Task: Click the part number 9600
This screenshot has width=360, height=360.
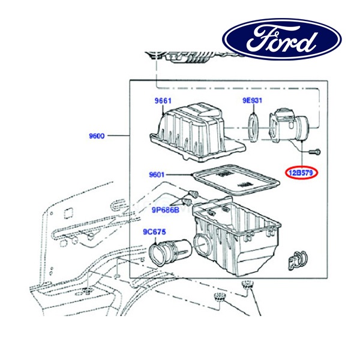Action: pos(95,136)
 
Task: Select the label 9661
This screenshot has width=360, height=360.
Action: pos(163,101)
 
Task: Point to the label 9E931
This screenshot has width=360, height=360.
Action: pos(253,101)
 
